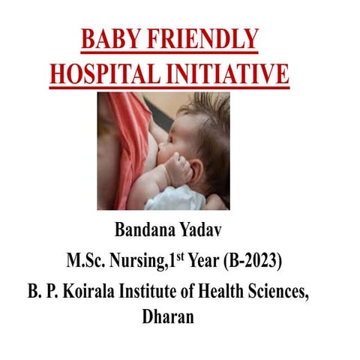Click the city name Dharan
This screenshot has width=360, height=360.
tap(167, 316)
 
